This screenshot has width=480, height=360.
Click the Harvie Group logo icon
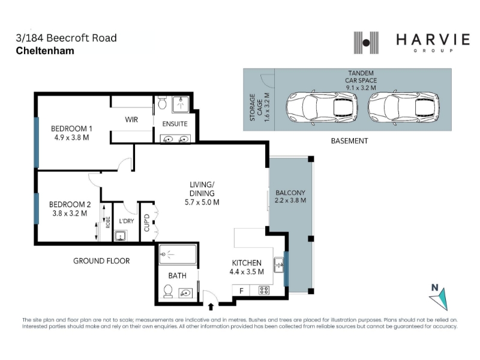click(366, 43)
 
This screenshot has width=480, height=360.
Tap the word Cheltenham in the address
click(45, 50)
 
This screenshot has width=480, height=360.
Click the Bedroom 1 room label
click(71, 128)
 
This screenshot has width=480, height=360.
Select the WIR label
click(131, 119)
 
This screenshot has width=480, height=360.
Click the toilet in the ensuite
click(162, 103)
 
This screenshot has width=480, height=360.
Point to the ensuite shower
click(181, 104)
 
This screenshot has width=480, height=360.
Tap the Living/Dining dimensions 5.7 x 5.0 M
click(202, 202)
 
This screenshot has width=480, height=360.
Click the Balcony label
click(290, 193)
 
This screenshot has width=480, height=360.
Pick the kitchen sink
click(279, 265)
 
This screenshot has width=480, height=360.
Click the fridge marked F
click(241, 290)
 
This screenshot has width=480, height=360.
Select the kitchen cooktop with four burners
click(263, 290)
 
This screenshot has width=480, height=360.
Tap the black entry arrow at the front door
click(211, 307)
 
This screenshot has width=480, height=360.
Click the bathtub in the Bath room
click(178, 254)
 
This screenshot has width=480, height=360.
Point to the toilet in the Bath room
click(168, 291)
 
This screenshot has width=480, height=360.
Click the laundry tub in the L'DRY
click(121, 236)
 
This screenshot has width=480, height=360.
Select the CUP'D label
click(146, 223)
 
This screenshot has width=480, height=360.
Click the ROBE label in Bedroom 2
click(108, 223)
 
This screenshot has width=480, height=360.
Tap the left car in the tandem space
click(322, 107)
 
